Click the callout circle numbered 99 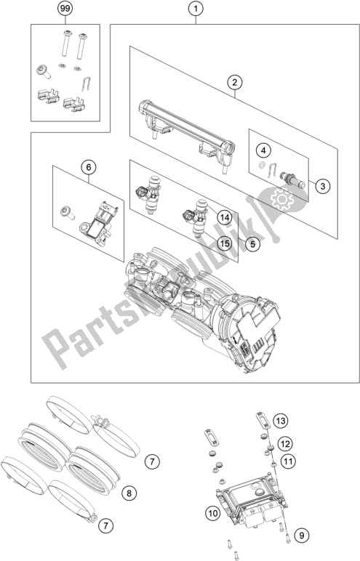coord(65,9)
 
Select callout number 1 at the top coord(196,9)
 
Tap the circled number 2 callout coord(235,83)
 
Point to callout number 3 coord(323,186)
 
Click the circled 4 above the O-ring coord(264,150)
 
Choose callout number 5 coord(252,244)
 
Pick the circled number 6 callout coord(89,167)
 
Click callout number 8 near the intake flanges coord(129,493)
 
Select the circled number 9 coord(302,536)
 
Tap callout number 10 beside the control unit coord(213,514)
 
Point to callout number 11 coord(288,461)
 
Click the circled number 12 coord(285,444)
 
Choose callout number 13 coord(281,421)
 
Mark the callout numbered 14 coord(224,217)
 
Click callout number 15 coord(224,244)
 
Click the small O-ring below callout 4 coord(263,165)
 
